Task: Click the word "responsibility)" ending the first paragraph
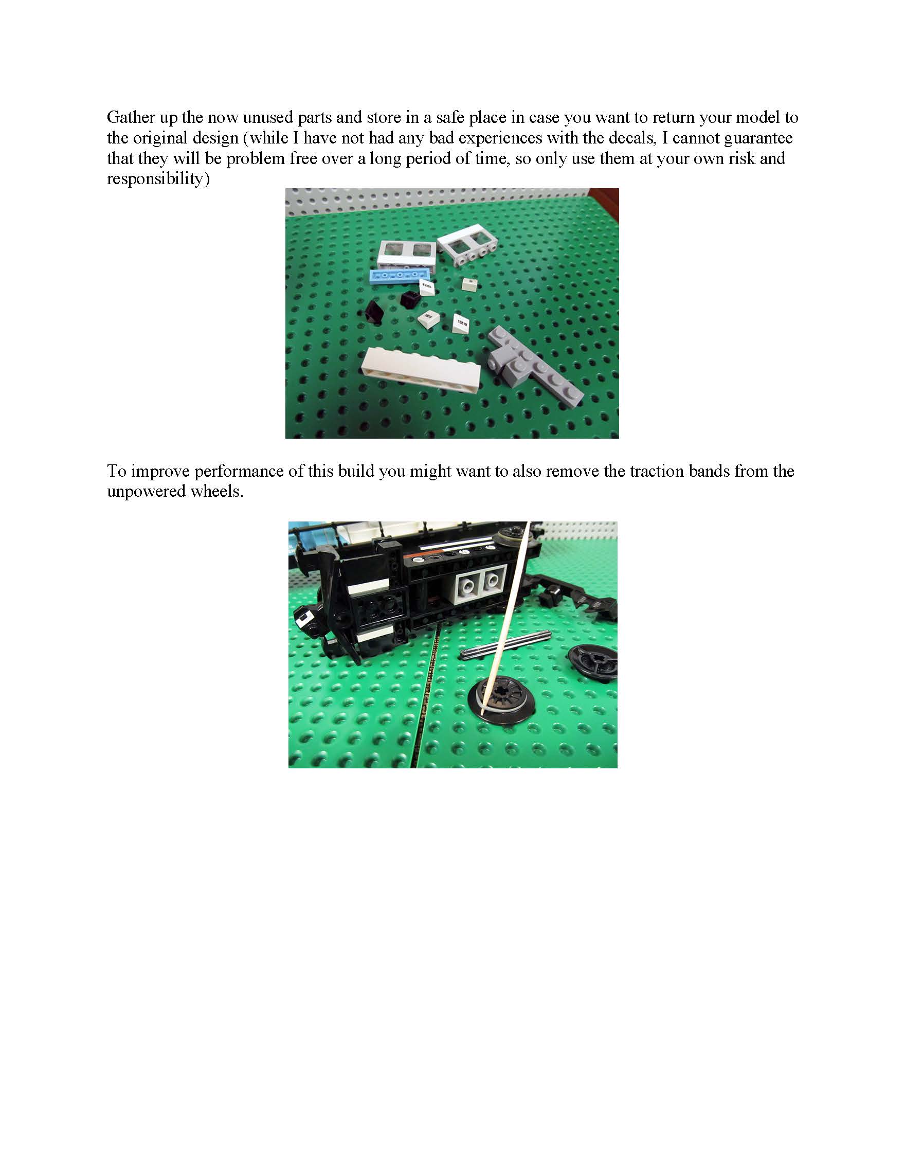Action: (158, 178)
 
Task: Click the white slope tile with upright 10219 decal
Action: (462, 325)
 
